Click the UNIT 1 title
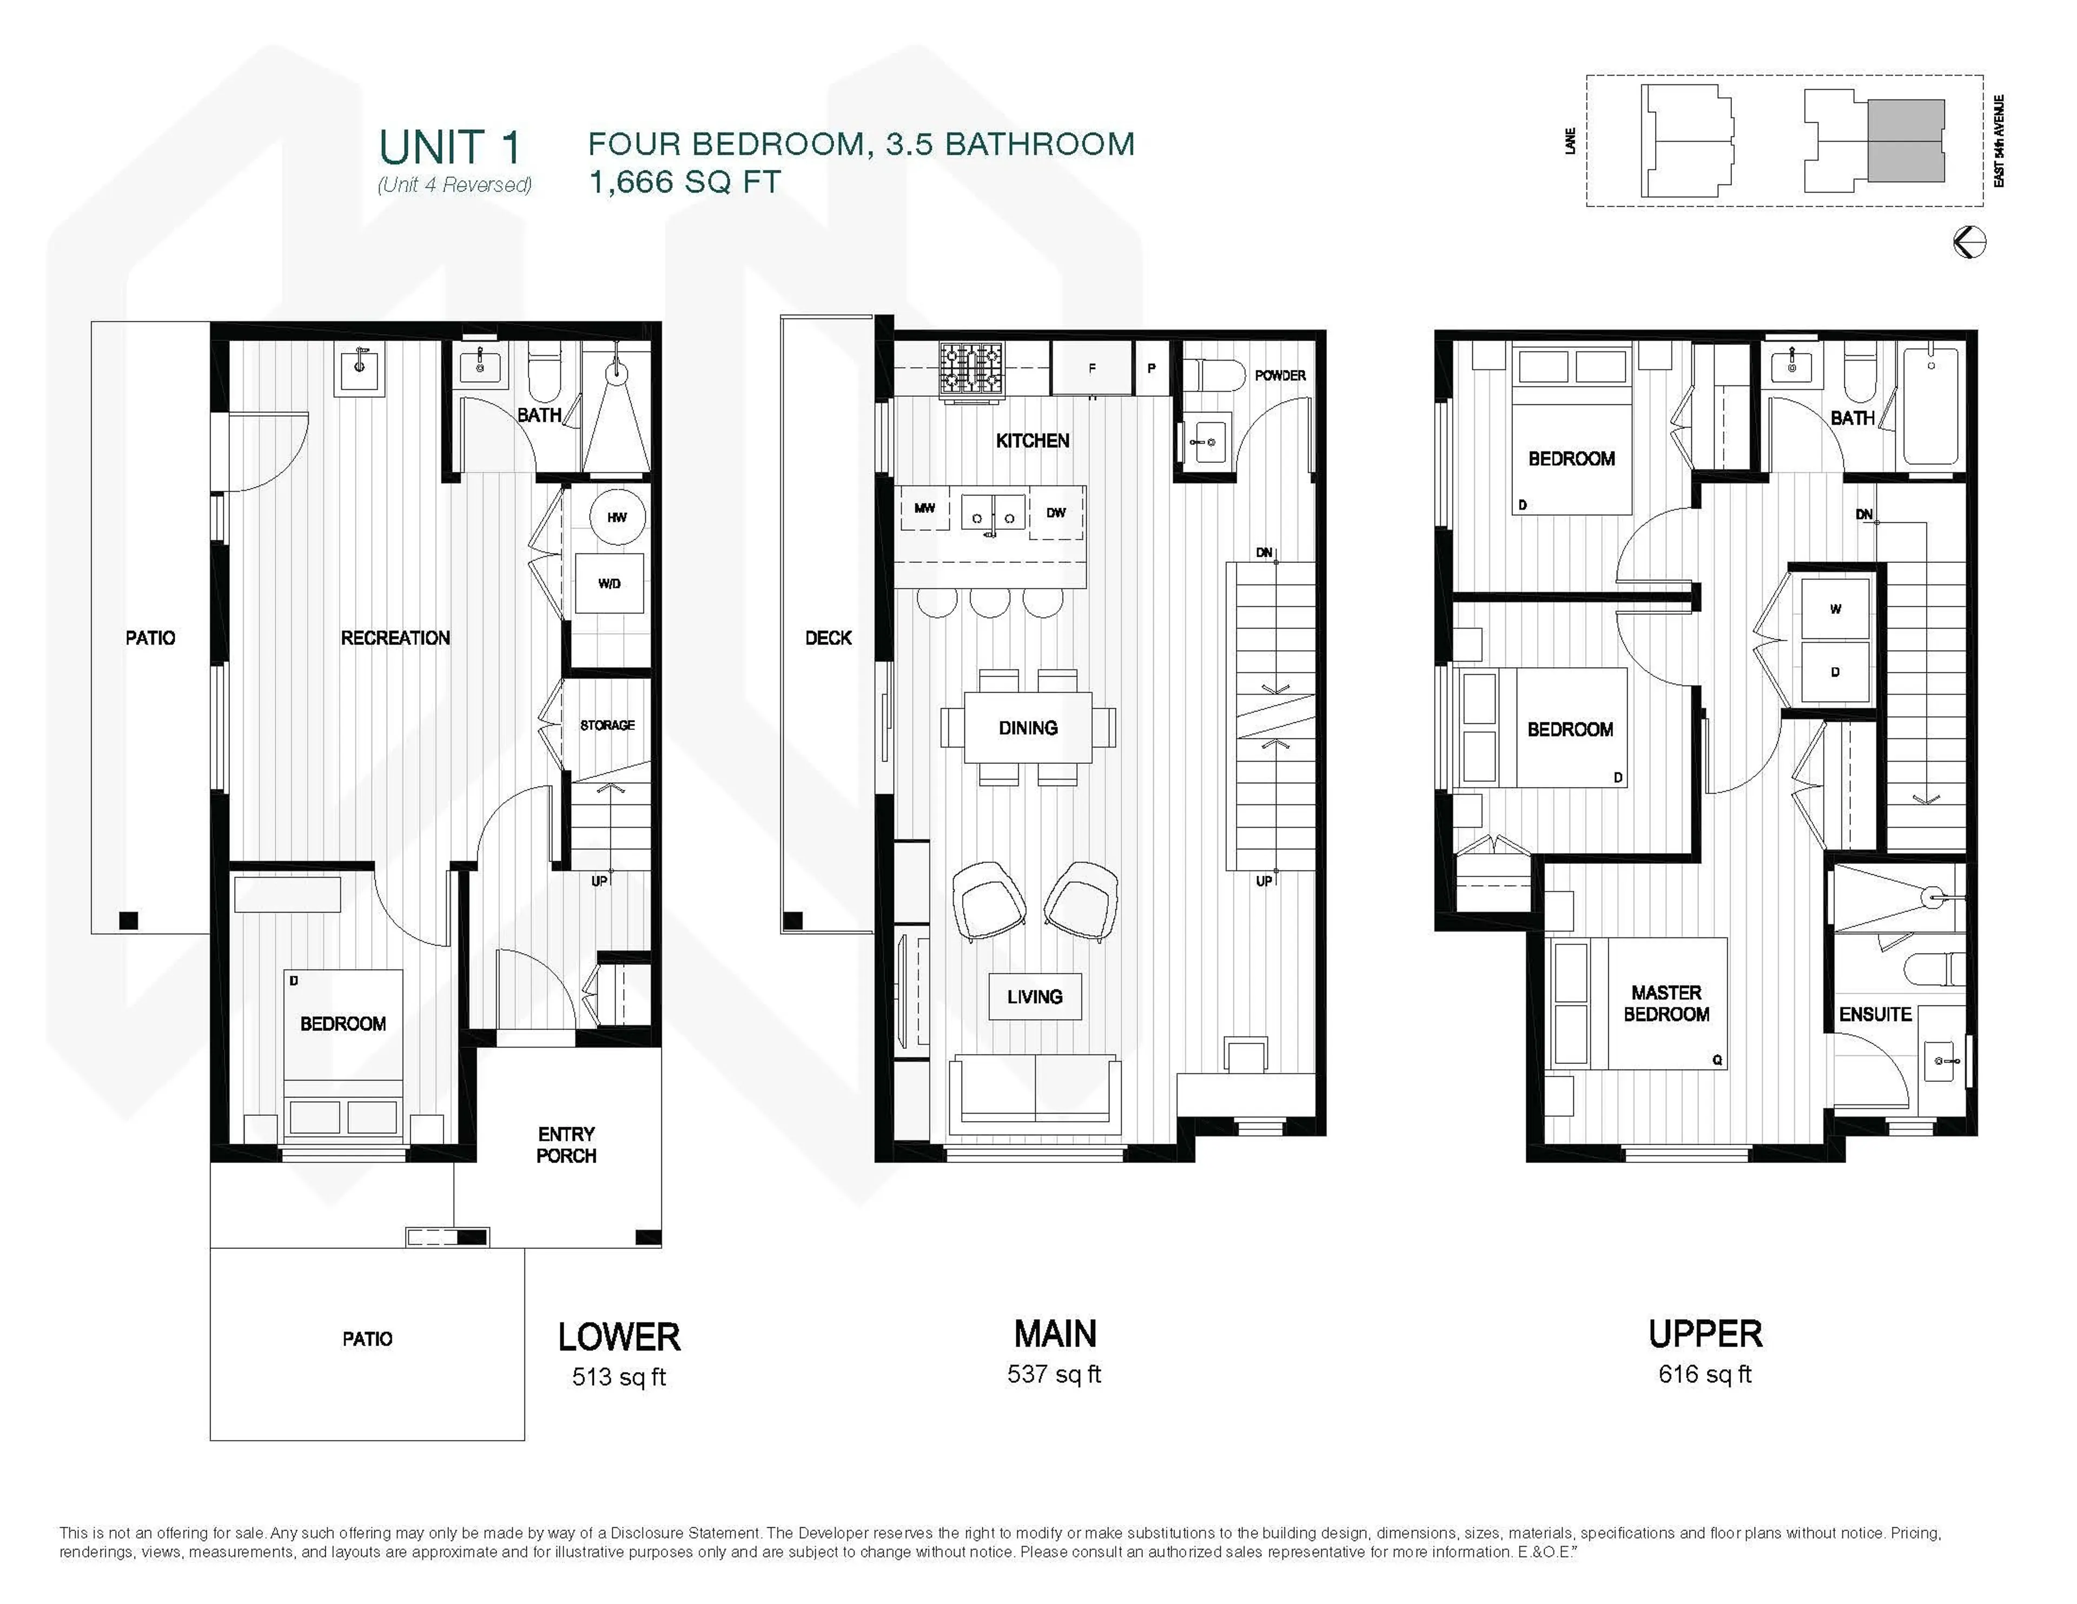450,148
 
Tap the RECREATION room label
395,638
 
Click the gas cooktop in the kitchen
972,368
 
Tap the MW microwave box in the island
924,509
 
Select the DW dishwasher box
1056,513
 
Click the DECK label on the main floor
828,638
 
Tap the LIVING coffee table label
1035,996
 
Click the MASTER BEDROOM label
1666,1003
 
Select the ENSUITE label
1874,1015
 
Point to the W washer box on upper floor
1835,609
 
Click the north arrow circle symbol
1969,242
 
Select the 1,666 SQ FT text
685,182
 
